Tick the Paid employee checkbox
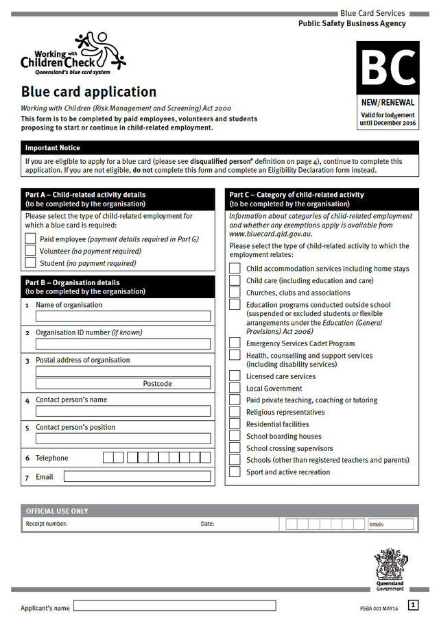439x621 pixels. (30, 239)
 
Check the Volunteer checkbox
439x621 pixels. (30, 251)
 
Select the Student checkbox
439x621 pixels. (30, 263)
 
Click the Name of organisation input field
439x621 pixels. (123, 317)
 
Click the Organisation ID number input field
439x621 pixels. (123, 344)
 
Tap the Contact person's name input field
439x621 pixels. (123, 411)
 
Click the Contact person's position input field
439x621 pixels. (123, 439)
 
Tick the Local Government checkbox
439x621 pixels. (235, 388)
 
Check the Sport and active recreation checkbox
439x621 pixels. (235, 472)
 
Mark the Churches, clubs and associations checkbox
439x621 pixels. (235, 293)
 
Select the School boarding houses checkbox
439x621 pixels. (235, 436)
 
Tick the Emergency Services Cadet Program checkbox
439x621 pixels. (235, 343)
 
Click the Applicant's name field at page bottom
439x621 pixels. (174, 606)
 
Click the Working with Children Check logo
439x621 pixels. (73, 53)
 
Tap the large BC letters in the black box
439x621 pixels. (388, 69)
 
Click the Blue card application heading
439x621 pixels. (88, 92)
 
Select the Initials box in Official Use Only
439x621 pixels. (391, 524)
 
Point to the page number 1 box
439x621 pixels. (413, 605)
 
